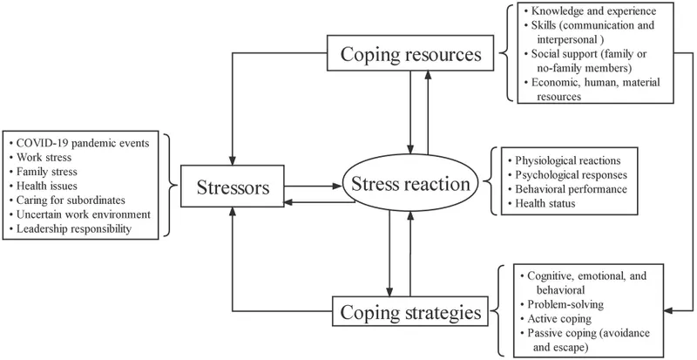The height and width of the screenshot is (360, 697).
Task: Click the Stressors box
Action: [232, 186]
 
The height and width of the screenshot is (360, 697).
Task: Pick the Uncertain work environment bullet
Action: [82, 214]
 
